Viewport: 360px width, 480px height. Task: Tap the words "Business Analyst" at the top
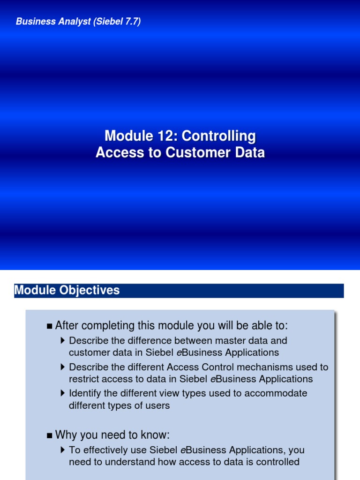[53, 22]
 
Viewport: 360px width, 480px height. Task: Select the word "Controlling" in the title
[219, 136]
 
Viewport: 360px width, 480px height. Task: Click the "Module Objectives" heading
[67, 291]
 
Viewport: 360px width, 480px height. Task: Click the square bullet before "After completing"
[50, 326]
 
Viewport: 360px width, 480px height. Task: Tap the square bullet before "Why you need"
[50, 435]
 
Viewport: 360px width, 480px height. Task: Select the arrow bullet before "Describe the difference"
[63, 340]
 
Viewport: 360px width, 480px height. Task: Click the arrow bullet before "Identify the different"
[63, 393]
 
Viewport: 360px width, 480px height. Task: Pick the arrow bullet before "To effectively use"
[63, 450]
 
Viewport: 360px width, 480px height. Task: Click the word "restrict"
[83, 379]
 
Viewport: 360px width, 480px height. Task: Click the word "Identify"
[84, 393]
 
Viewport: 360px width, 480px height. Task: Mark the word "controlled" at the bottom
[276, 462]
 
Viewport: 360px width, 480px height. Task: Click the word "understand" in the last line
[117, 462]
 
